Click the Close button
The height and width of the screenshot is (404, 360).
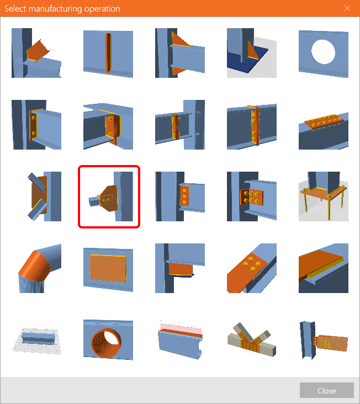pyautogui.click(x=326, y=391)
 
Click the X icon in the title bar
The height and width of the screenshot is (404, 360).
pyautogui.click(x=347, y=8)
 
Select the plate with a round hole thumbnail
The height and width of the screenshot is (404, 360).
pyautogui.click(x=323, y=54)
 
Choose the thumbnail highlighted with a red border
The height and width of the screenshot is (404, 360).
pyautogui.click(x=108, y=196)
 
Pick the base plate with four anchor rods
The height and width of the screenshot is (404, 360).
pyautogui.click(x=323, y=196)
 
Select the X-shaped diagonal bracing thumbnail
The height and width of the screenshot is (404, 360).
pyautogui.click(x=36, y=196)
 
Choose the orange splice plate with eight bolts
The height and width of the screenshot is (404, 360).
pyautogui.click(x=323, y=125)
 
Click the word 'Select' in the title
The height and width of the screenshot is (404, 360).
pyautogui.click(x=17, y=9)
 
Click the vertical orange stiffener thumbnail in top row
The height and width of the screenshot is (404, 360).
pyautogui.click(x=108, y=54)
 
